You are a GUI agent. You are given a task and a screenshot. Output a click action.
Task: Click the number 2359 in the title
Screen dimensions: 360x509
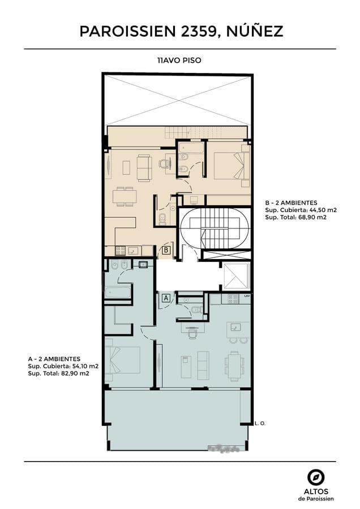tap(197, 32)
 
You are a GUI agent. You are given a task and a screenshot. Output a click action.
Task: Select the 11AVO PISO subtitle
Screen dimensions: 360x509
tap(179, 61)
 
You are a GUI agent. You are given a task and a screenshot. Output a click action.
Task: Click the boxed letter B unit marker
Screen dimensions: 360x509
tap(166, 250)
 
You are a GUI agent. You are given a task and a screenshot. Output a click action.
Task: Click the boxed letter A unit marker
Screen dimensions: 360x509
tap(166, 297)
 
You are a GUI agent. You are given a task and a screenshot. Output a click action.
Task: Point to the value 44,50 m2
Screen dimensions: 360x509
tap(321, 210)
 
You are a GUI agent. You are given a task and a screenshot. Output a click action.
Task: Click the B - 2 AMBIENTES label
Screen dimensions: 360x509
tap(291, 203)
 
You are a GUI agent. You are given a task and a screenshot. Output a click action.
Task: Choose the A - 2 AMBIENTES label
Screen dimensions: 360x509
tap(54, 359)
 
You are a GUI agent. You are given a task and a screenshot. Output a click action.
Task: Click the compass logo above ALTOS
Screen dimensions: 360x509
tap(316, 478)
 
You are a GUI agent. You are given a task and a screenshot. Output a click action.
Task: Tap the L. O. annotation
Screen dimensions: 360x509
tap(260, 423)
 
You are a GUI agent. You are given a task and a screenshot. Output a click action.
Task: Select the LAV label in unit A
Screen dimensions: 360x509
tap(247, 296)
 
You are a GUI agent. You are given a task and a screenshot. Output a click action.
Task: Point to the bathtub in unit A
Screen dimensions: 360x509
tap(118, 292)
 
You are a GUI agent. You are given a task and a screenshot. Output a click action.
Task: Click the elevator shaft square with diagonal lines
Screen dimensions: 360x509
tap(236, 275)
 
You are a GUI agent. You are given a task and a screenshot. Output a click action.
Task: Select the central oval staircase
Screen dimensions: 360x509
tap(215, 228)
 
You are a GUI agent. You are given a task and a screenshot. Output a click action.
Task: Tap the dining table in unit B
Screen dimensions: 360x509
tap(125, 196)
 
